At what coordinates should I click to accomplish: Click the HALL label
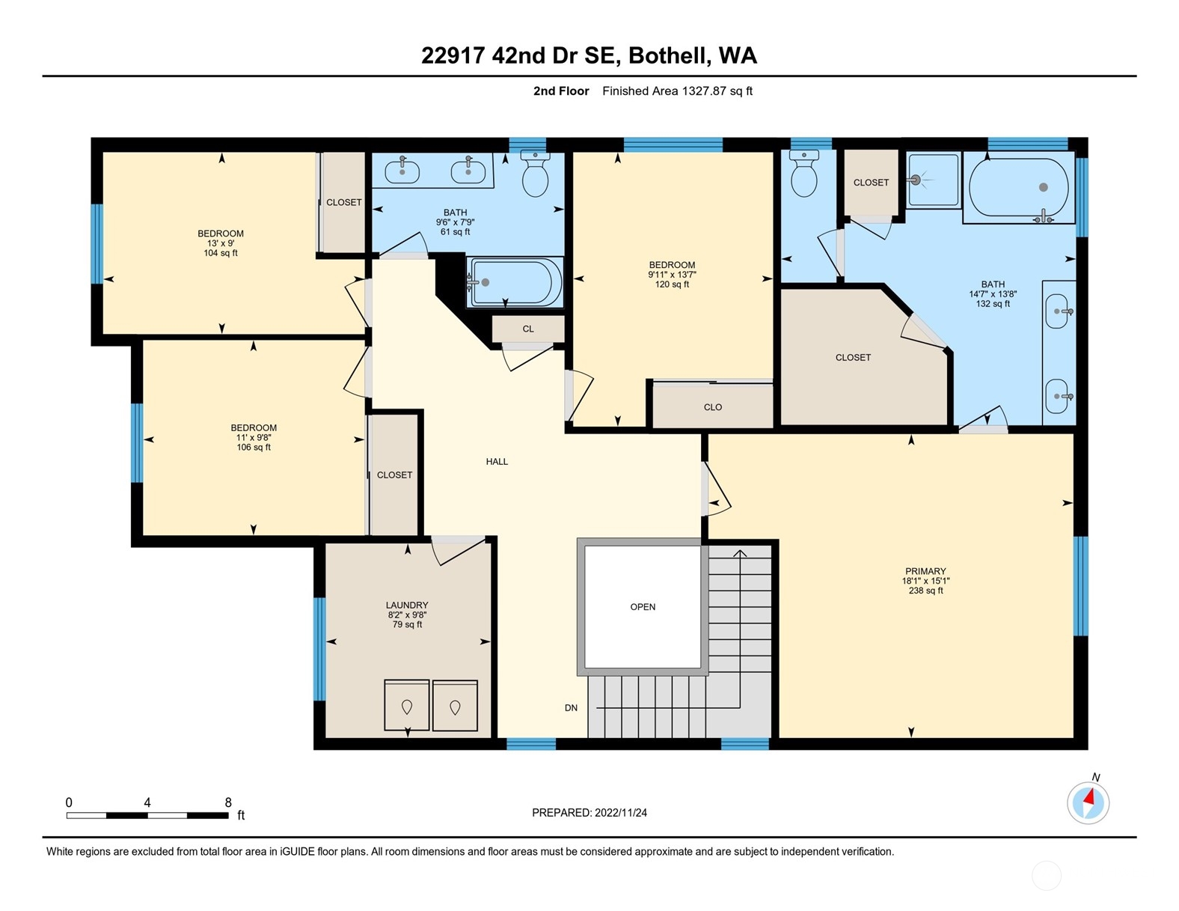tap(497, 461)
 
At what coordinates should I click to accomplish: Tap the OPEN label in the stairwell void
tap(643, 606)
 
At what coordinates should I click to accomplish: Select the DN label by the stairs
tap(571, 707)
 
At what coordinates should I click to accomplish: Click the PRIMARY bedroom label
tap(925, 571)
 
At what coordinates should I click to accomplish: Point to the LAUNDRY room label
tap(407, 605)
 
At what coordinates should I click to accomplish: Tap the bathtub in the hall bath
tap(515, 282)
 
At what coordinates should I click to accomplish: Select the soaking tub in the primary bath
tap(1018, 188)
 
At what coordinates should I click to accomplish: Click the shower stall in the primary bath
tap(933, 180)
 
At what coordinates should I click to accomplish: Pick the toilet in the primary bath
tap(804, 173)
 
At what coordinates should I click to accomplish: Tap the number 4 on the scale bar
tap(147, 802)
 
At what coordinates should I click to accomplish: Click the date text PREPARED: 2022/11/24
tap(589, 813)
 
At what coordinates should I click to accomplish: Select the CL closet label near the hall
tap(528, 329)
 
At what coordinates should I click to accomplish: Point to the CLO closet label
tap(712, 407)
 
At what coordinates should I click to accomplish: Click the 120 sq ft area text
tap(672, 284)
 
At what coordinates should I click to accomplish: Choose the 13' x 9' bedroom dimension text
tap(220, 243)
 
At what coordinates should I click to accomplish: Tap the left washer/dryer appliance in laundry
tap(406, 705)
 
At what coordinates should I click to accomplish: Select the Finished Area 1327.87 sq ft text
tap(677, 91)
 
